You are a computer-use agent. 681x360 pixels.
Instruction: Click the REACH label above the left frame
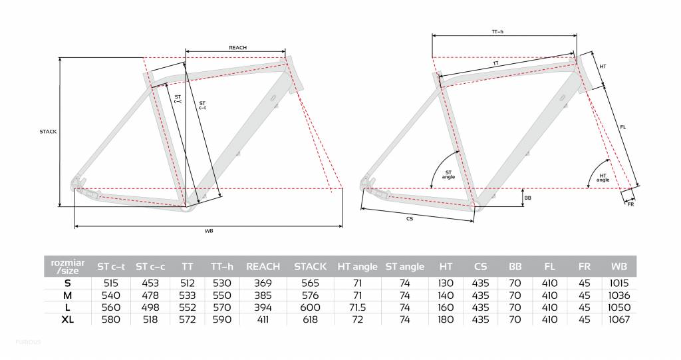click(237, 47)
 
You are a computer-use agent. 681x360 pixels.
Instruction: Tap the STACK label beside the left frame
click(48, 131)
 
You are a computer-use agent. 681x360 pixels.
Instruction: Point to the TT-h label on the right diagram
click(497, 32)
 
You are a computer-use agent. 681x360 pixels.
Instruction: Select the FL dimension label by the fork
click(622, 127)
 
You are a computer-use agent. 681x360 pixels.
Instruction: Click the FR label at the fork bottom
click(630, 204)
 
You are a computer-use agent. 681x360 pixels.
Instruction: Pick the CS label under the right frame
click(410, 219)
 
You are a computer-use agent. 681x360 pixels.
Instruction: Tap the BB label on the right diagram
click(527, 198)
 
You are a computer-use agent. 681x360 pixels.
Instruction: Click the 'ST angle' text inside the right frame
click(448, 175)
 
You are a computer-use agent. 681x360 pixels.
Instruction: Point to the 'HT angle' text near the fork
click(603, 178)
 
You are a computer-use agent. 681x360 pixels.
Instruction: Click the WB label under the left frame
click(209, 231)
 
